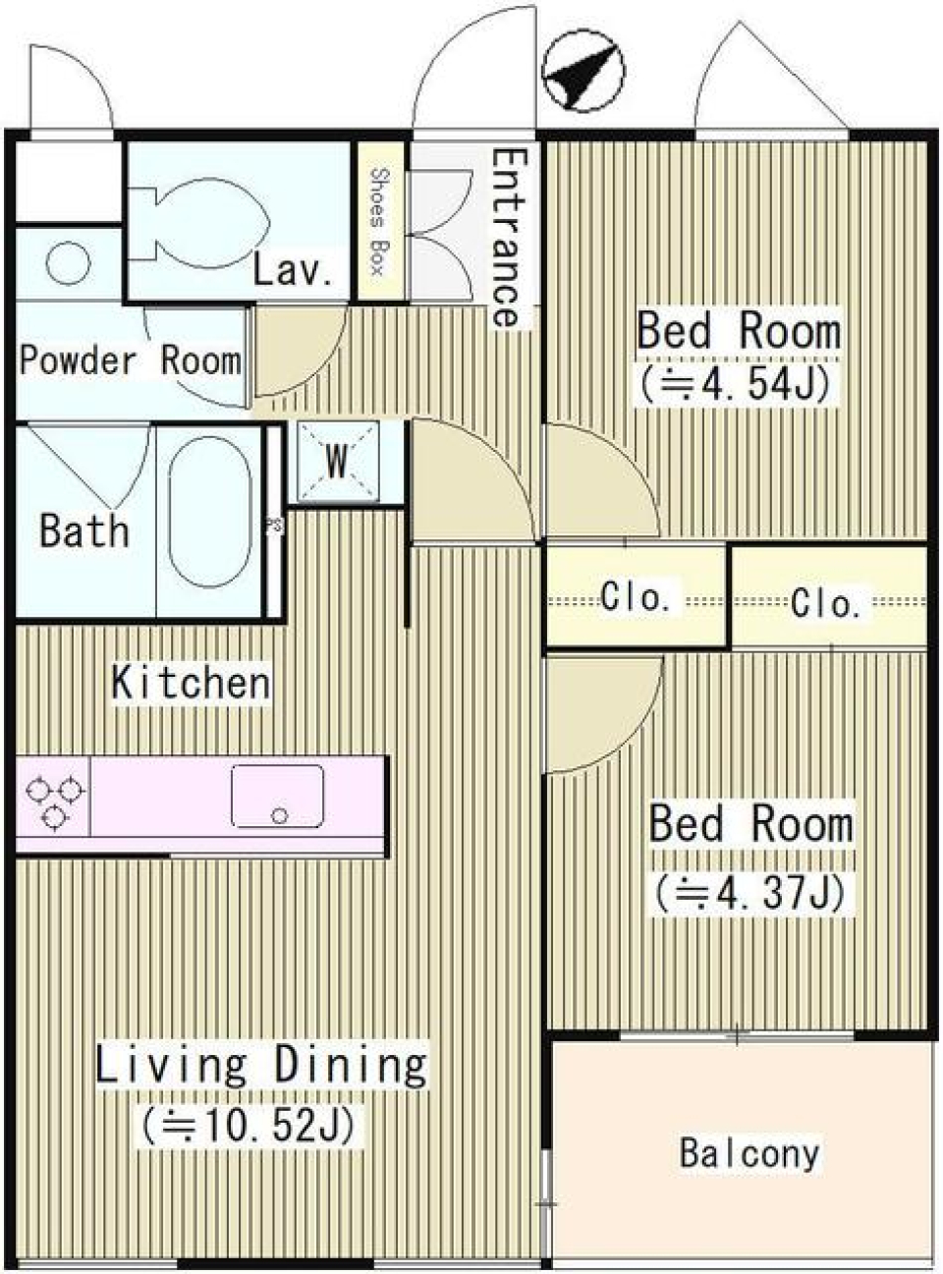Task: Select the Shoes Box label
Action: click(378, 221)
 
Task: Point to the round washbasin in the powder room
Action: click(68, 263)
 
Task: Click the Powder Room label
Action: click(131, 360)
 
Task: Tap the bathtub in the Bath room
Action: click(210, 512)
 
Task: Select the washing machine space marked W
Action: click(338, 462)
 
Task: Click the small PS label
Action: click(274, 526)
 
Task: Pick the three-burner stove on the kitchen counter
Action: click(54, 795)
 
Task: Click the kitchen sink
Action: click(278, 796)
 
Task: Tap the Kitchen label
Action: click(191, 682)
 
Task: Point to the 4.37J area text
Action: click(750, 894)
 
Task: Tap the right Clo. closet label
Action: click(826, 604)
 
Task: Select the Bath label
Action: click(84, 529)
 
